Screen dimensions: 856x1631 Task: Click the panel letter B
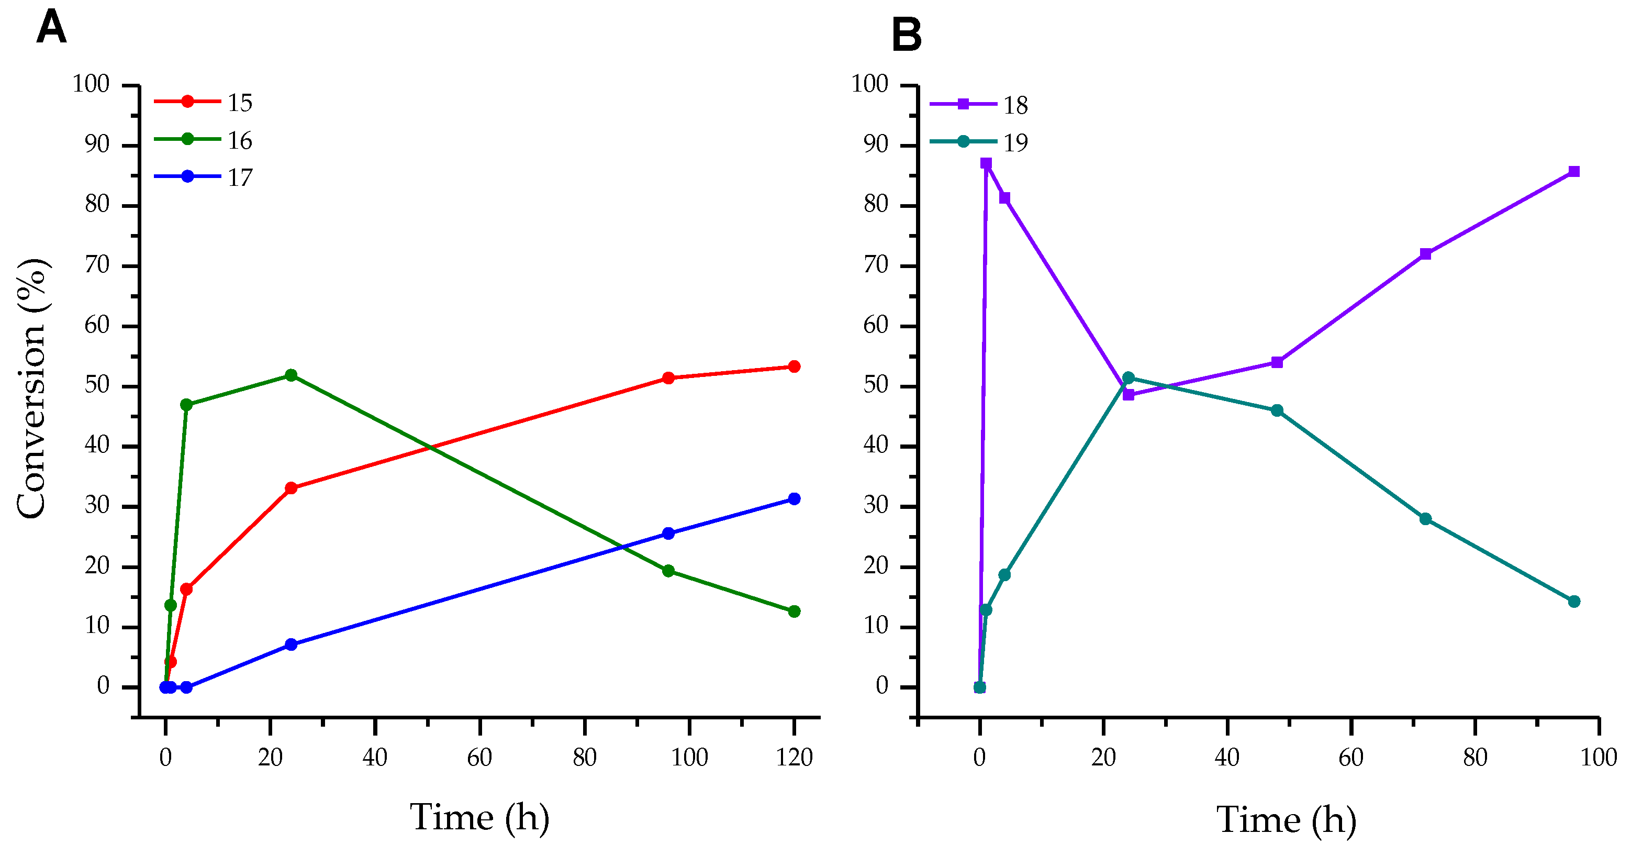(906, 35)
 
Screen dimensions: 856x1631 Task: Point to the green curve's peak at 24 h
(291, 375)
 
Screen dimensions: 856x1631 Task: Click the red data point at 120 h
(794, 366)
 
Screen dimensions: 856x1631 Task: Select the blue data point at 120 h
(794, 499)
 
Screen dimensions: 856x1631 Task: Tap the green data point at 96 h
(668, 571)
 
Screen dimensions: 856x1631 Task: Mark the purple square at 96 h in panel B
(1574, 172)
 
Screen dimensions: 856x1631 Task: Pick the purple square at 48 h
(1277, 362)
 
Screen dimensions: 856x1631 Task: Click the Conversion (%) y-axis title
(31, 388)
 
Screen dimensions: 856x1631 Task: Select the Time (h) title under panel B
(1287, 820)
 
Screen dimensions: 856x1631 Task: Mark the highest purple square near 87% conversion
(986, 163)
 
